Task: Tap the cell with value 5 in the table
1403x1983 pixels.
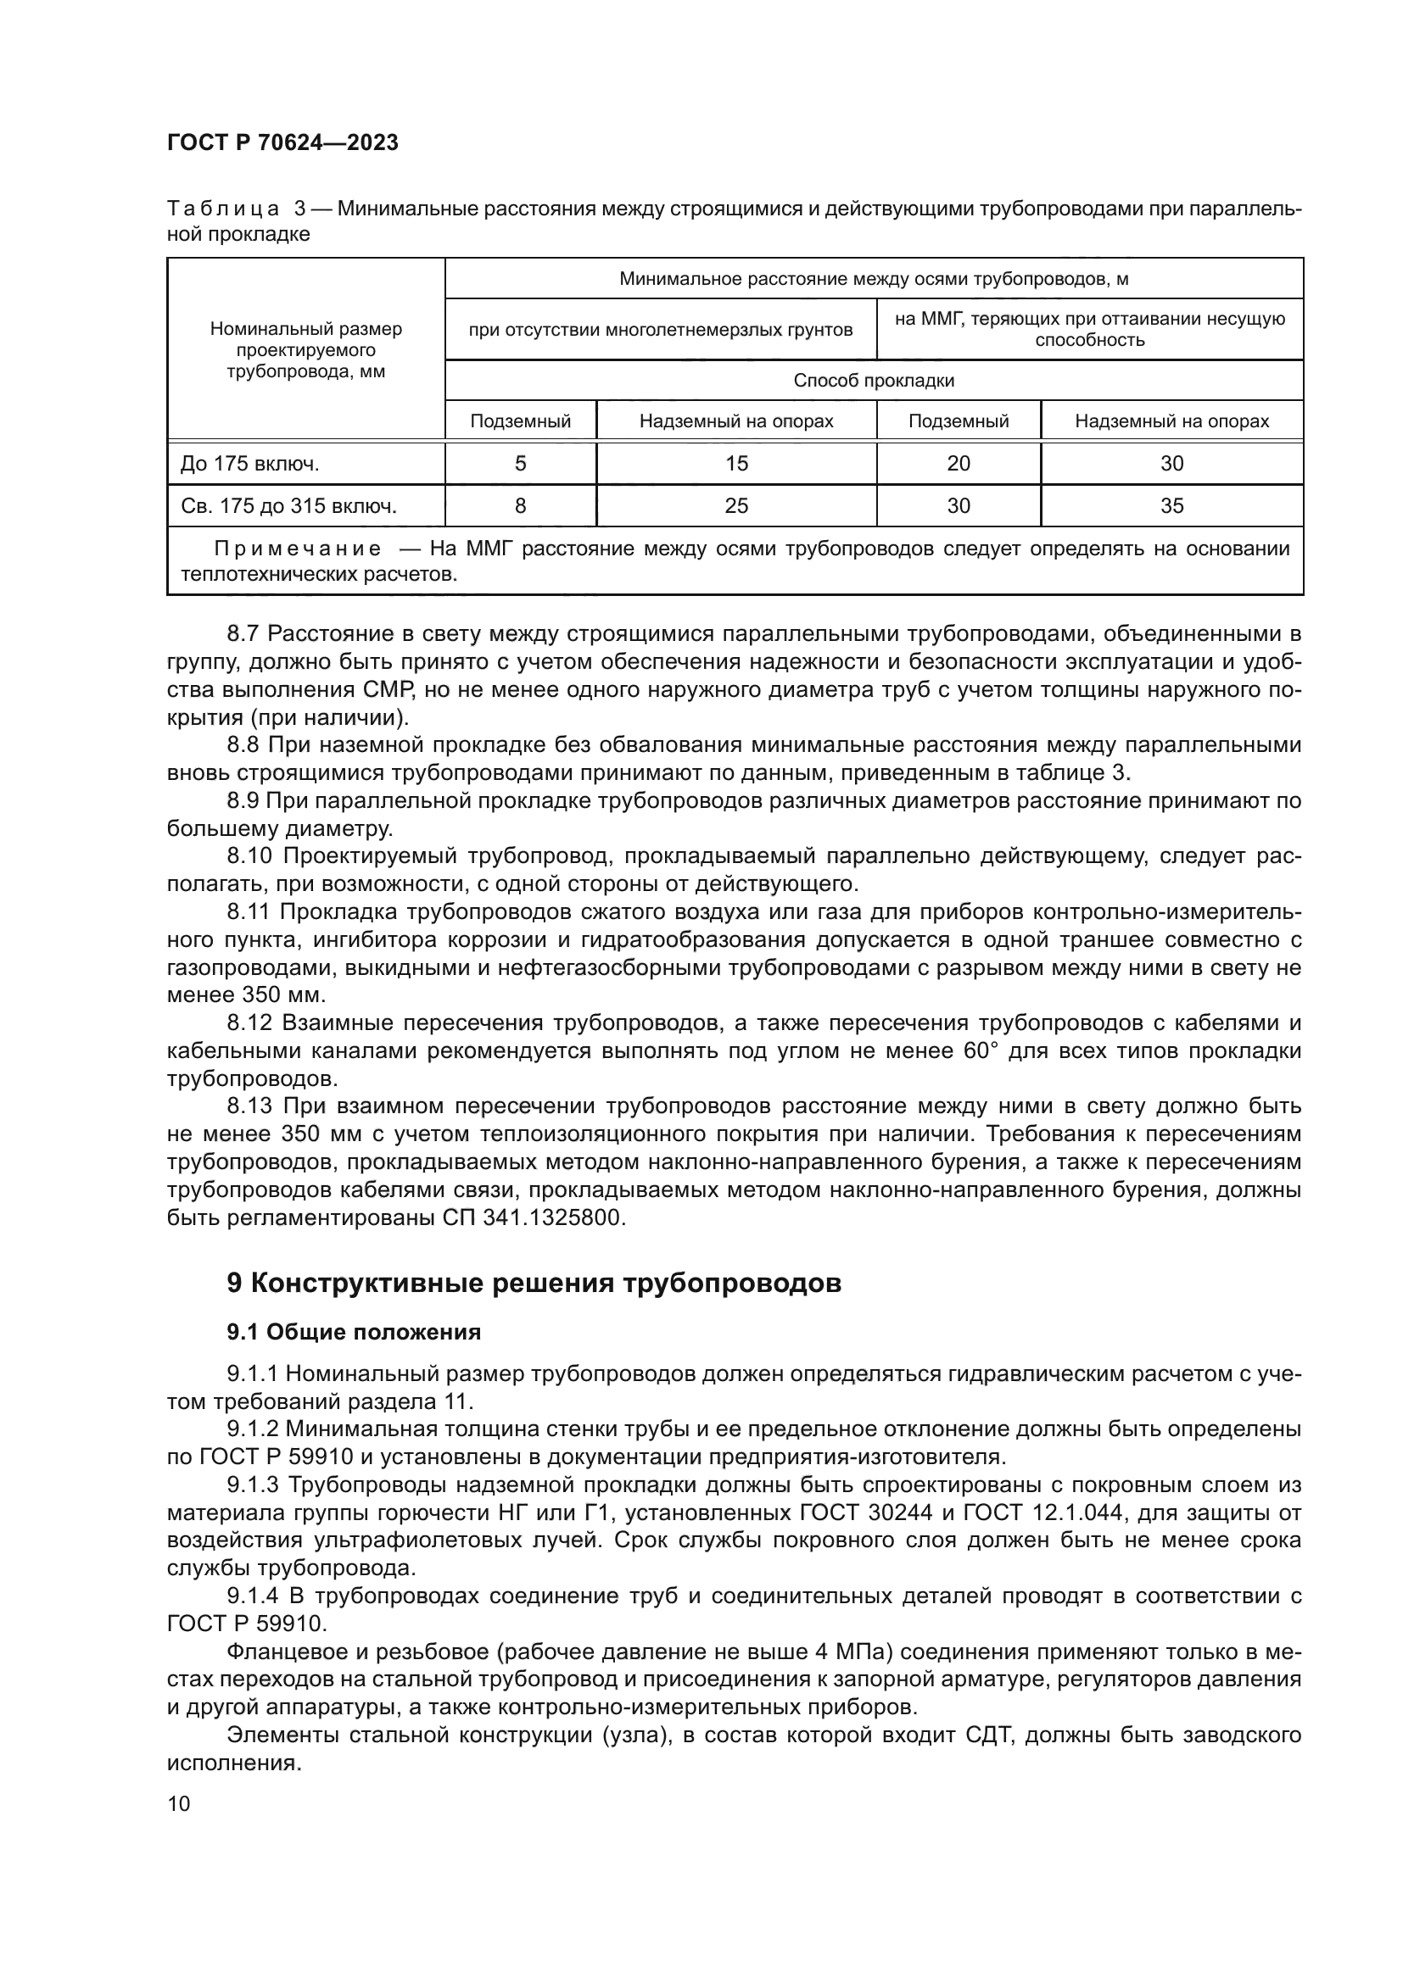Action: [520, 464]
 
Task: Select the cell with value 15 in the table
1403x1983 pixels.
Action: [736, 464]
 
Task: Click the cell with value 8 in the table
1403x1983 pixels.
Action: [520, 506]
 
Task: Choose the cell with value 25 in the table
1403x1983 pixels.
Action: [736, 506]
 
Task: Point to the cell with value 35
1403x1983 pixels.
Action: [1171, 506]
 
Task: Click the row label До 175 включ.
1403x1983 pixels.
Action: [249, 465]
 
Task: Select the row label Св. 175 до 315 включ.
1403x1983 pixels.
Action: [288, 507]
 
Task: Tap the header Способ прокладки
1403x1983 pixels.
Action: [874, 381]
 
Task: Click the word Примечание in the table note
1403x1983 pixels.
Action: [297, 549]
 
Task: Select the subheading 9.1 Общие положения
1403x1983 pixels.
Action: [354, 1333]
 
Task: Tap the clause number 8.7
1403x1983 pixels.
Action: [243, 634]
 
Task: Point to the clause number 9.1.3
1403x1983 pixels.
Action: [253, 1485]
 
